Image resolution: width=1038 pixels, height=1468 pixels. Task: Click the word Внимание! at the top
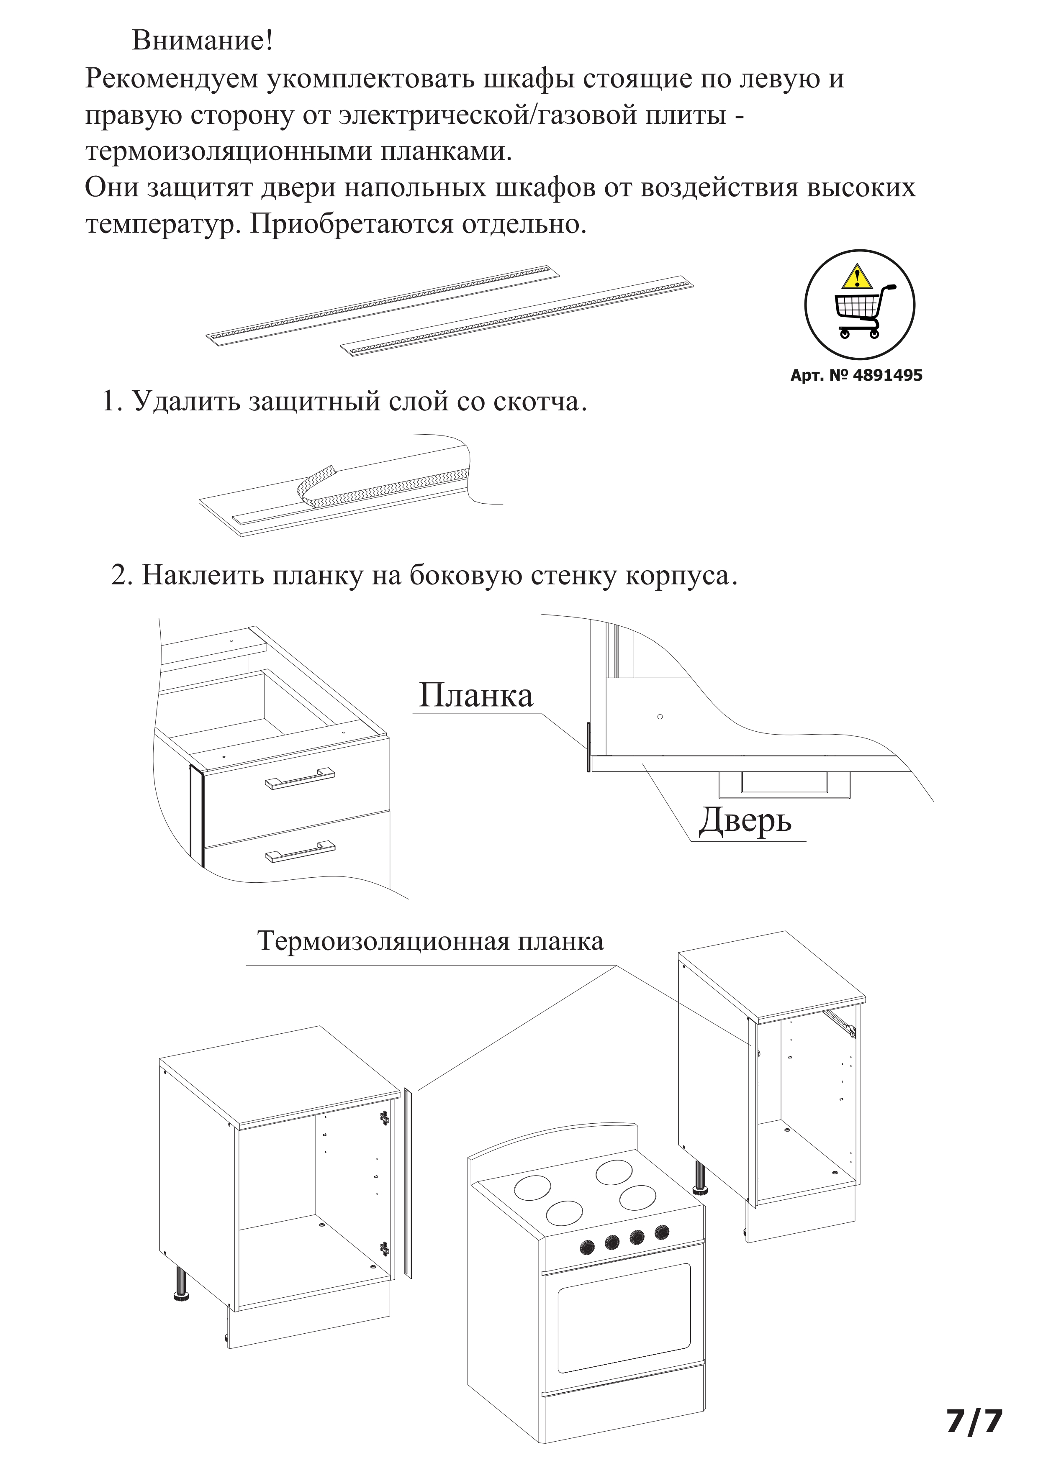[202, 41]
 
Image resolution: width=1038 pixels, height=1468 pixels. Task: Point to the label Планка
[475, 696]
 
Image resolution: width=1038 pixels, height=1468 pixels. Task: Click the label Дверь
[745, 820]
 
